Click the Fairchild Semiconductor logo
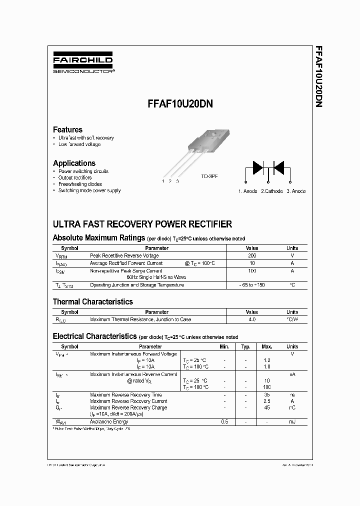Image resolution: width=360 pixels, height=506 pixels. click(x=83, y=64)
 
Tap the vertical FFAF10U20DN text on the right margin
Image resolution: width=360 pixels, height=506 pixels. click(x=317, y=77)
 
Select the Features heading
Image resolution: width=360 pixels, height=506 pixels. click(x=67, y=129)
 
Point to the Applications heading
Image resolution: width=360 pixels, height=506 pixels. click(x=74, y=163)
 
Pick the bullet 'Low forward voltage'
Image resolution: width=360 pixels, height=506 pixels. click(x=79, y=144)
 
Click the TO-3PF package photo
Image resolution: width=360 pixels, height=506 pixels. click(x=199, y=150)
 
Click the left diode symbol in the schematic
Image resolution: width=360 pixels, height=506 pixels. click(x=257, y=167)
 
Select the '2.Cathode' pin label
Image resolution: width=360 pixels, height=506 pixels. click(x=271, y=191)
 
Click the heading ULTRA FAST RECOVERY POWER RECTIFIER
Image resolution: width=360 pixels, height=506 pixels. click(x=142, y=224)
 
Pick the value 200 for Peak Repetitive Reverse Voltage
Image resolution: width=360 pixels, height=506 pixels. click(x=252, y=255)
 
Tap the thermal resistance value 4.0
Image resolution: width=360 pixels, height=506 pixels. click(x=252, y=319)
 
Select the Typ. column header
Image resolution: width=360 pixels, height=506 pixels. click(x=245, y=346)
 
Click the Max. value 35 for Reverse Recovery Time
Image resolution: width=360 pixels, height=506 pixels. click(x=267, y=394)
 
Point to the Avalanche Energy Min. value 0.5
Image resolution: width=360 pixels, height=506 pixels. click(x=224, y=422)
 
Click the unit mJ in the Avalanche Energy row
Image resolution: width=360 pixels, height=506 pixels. click(x=292, y=422)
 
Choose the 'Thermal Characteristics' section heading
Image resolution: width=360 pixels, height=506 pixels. click(x=93, y=301)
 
